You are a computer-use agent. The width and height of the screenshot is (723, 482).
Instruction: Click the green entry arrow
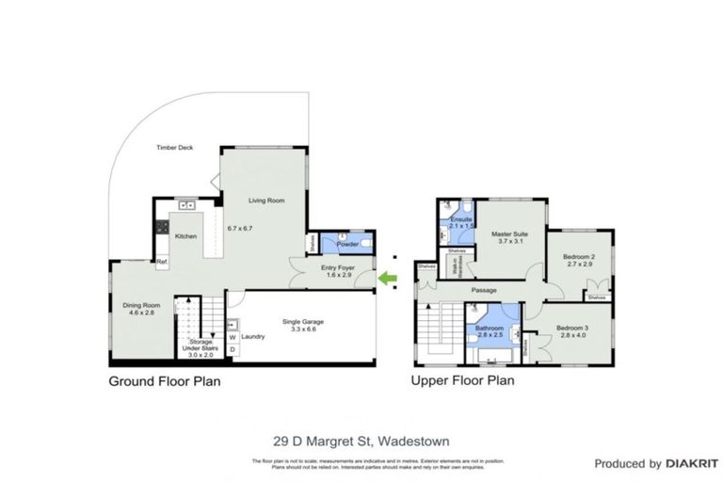click(386, 278)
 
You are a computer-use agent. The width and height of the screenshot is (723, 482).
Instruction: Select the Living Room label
click(266, 201)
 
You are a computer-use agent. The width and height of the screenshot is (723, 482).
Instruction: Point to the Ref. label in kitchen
click(161, 261)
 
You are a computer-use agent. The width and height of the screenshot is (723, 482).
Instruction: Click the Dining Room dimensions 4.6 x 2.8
click(137, 313)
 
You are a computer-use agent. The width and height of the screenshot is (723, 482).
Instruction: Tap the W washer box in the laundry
click(232, 336)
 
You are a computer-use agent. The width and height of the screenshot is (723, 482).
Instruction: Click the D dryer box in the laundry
click(232, 350)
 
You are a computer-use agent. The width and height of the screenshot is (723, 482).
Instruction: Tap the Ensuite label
click(460, 219)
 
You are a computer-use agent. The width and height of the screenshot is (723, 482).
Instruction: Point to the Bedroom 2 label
click(579, 257)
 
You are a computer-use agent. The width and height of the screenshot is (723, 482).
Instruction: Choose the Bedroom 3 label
click(572, 329)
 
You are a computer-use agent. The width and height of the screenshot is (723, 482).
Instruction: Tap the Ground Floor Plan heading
click(165, 382)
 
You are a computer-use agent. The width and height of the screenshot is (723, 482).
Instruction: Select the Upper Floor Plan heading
click(462, 382)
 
